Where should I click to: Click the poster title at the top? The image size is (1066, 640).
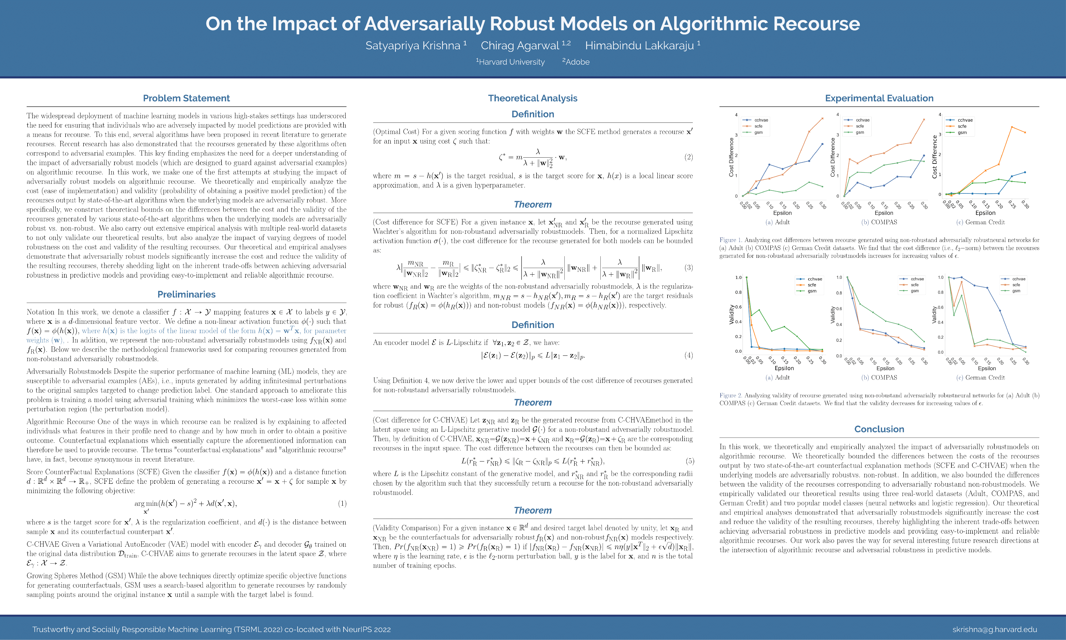(533, 24)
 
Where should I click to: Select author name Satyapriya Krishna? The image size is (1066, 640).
(413, 46)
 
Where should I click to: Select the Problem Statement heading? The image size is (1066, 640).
(186, 98)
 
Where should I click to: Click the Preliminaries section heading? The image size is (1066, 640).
(186, 294)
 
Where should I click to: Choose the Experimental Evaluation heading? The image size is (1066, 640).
(879, 98)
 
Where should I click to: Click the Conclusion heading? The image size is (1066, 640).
(879, 429)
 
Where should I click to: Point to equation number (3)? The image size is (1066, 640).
(688, 268)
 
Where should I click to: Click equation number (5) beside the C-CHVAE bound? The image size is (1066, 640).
(690, 461)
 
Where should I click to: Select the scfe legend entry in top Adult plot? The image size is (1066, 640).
(758, 126)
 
